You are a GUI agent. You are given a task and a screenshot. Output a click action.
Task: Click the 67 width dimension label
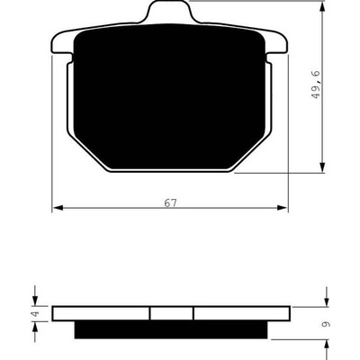170,203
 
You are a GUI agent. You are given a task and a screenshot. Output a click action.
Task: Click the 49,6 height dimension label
316,85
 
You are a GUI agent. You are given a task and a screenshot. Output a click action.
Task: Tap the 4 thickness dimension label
36,314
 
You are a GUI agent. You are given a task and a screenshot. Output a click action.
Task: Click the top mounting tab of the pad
169,12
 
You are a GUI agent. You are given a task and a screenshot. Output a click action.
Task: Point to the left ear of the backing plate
62,43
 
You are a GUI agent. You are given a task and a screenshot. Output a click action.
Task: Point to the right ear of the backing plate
276,43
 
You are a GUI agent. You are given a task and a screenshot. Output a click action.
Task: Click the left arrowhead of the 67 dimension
58,208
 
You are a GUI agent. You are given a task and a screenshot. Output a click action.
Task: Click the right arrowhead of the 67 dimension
282,208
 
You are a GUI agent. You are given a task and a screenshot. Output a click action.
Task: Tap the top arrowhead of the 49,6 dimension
322,6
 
